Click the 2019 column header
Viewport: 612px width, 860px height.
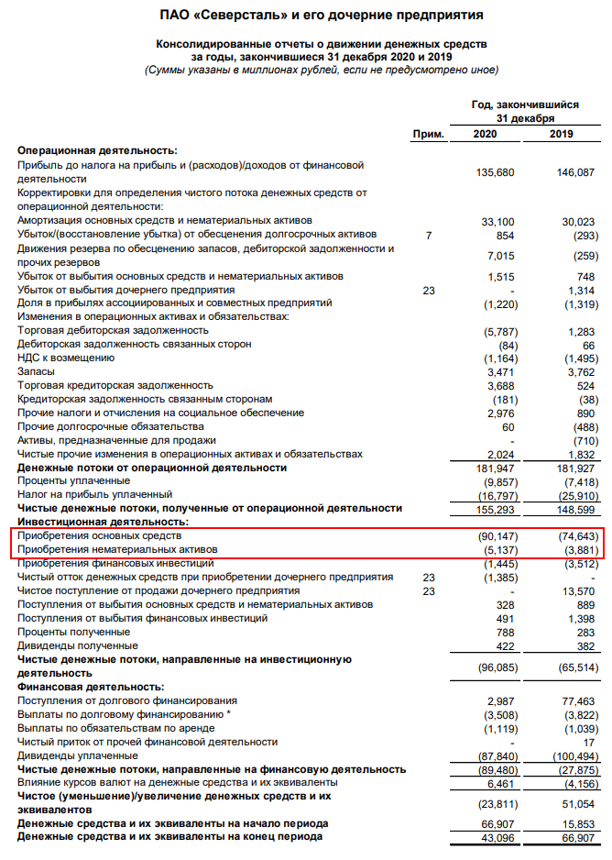click(x=561, y=134)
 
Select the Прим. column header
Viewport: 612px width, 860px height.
click(x=428, y=134)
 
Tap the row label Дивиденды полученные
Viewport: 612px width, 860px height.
click(x=74, y=645)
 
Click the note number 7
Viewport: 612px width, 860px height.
click(x=428, y=235)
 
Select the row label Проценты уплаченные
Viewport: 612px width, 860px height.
click(x=73, y=480)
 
